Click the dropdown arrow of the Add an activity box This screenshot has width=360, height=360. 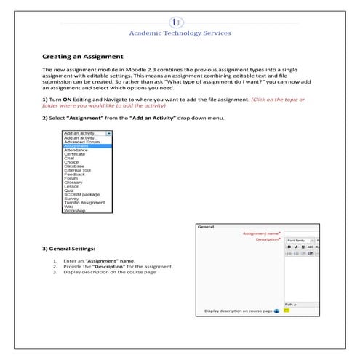tap(108, 134)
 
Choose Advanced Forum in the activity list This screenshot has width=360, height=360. tap(81, 142)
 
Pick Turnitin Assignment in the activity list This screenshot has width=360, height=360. tap(84, 202)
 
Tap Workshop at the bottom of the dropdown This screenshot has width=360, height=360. tap(74, 210)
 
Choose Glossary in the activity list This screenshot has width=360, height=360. tap(74, 182)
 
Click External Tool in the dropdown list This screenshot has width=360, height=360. tap(78, 170)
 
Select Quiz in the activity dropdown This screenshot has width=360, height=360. tap(69, 190)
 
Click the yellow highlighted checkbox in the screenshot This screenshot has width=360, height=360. tap(287, 310)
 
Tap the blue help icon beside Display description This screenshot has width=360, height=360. tap(277, 311)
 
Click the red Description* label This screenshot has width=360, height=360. tap(268, 240)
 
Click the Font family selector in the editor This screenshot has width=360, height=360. tap(298, 240)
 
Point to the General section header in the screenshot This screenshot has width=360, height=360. tap(206, 226)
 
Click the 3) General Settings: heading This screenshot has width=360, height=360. tap(73, 249)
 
